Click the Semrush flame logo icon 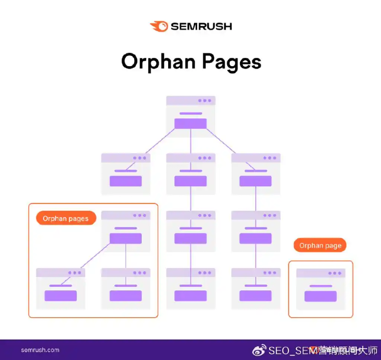[x=159, y=26]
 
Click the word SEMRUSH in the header [x=201, y=26]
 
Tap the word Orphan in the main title [x=158, y=62]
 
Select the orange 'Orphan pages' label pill [x=66, y=219]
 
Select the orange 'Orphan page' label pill [x=320, y=246]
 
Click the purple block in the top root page [x=190, y=123]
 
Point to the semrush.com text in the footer [x=40, y=350]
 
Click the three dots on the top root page [x=205, y=101]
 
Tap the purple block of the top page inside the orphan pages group [x=126, y=239]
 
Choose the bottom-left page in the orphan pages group [x=60, y=289]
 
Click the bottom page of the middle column [x=190, y=289]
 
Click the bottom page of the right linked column [x=256, y=289]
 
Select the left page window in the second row [x=126, y=173]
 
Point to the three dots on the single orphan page [x=335, y=273]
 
